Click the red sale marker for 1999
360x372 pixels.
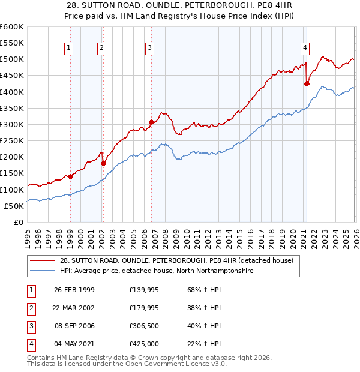tap(70, 176)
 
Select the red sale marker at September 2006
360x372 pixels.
tap(151, 122)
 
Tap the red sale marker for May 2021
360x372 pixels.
tap(307, 84)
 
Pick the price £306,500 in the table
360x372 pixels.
tap(144, 326)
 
